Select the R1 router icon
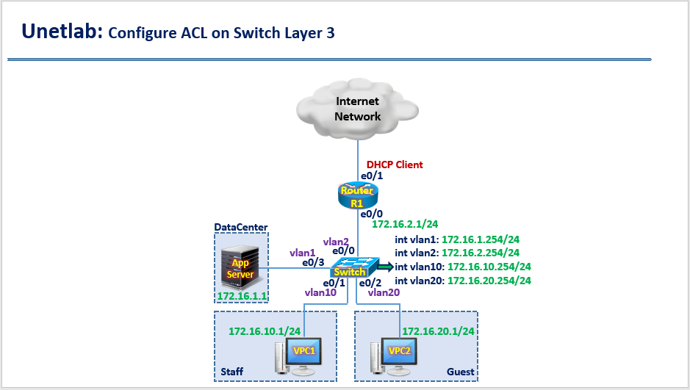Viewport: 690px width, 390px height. pyautogui.click(x=357, y=195)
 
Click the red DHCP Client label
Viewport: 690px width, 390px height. pyautogui.click(x=395, y=165)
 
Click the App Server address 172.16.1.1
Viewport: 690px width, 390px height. pyautogui.click(x=240, y=296)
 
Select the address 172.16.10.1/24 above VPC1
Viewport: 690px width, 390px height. pyautogui.click(x=265, y=331)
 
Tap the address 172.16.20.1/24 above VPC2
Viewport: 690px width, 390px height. pyautogui.click(x=439, y=331)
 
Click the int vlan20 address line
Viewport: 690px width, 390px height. pyautogui.click(x=462, y=281)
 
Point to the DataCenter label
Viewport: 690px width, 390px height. pyautogui.click(x=240, y=228)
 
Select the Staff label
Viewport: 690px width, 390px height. pyautogui.click(x=232, y=372)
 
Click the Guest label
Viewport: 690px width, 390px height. pyautogui.click(x=460, y=372)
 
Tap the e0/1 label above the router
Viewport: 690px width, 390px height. pyautogui.click(x=370, y=177)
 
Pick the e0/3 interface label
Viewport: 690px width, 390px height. pyautogui.click(x=314, y=261)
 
